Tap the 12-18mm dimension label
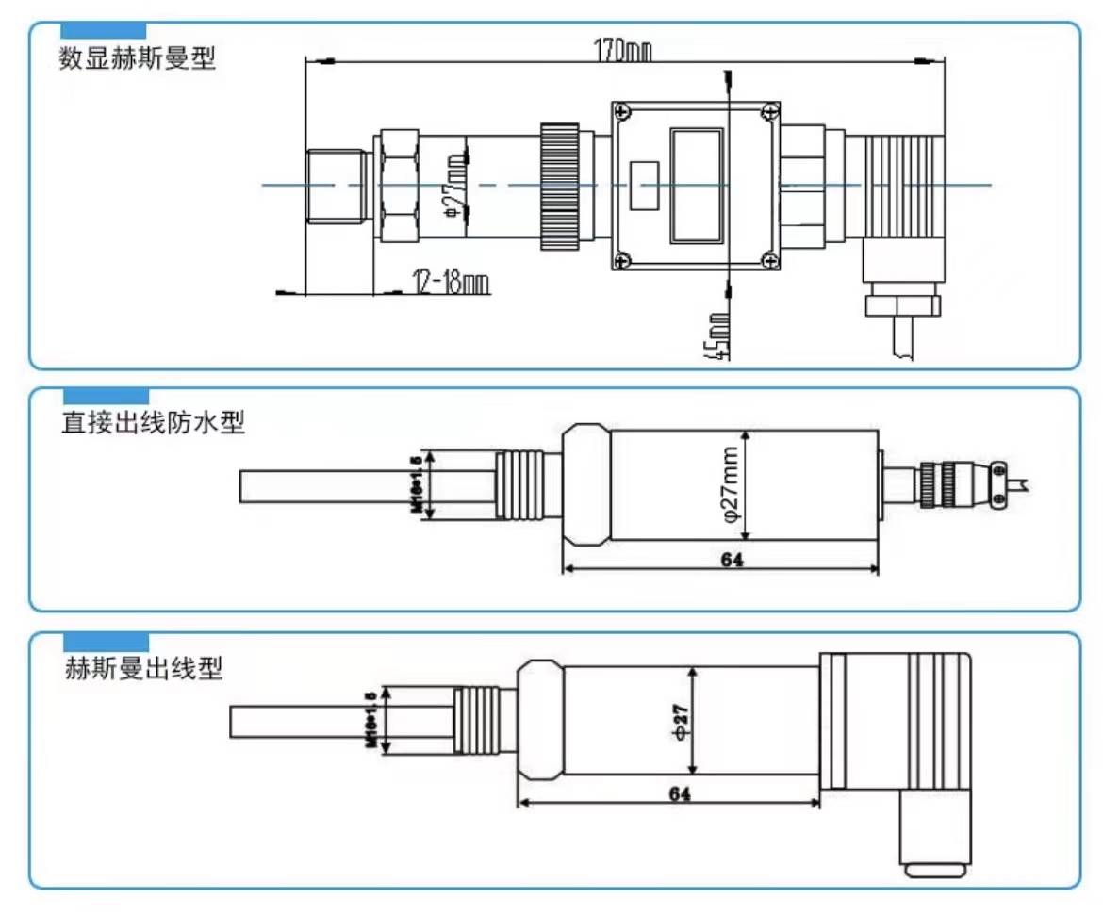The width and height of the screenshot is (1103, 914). click(450, 282)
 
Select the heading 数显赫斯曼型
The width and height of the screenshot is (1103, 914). click(138, 60)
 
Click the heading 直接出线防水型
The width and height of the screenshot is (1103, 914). click(152, 424)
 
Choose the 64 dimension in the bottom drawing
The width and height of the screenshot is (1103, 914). click(679, 794)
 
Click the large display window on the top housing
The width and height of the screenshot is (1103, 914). click(697, 186)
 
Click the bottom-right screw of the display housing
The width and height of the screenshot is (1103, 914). click(769, 261)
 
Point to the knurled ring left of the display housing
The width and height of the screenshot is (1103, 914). click(559, 186)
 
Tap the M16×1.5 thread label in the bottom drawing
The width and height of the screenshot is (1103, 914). click(371, 721)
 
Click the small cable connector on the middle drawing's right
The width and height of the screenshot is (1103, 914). click(952, 483)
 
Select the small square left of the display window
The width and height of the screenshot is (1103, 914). click(644, 185)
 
